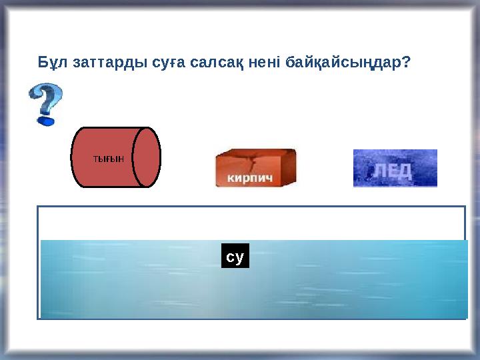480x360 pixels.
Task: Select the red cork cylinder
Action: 107,157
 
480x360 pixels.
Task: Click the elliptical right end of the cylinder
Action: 147,157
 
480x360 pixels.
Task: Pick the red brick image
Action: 255,168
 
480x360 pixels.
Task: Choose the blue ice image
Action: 395,168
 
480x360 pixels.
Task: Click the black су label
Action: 235,256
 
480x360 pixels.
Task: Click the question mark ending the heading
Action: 406,63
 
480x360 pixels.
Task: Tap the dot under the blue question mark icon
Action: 45,121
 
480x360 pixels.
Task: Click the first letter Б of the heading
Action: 41,63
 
